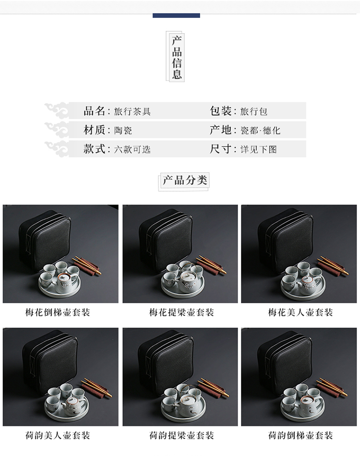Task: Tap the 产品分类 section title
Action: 185,180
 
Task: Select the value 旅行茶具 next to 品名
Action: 132,111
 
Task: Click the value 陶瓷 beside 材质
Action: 123,130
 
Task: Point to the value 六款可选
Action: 132,149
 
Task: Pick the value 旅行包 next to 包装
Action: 253,111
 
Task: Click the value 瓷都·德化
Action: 260,130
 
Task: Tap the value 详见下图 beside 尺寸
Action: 259,149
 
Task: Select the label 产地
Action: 220,130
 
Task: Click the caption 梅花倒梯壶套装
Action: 58,313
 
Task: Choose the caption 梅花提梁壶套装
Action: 181,313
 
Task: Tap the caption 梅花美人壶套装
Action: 300,313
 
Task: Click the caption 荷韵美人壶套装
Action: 58,435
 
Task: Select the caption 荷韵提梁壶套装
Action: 181,435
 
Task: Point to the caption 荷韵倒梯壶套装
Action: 300,435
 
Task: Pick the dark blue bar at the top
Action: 176,15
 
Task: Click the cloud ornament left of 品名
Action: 56,110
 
